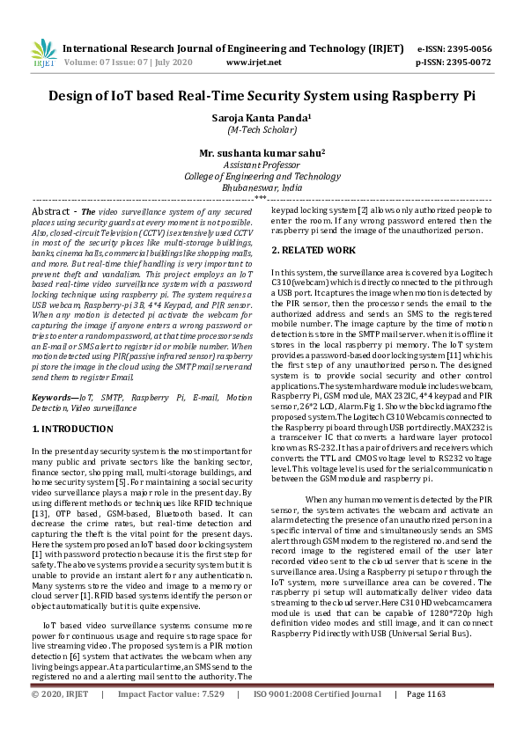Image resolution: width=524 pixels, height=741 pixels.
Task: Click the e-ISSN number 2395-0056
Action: point(467,49)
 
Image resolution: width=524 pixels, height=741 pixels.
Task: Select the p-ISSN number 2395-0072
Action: point(467,62)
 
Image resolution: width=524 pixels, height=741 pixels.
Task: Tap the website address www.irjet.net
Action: point(254,62)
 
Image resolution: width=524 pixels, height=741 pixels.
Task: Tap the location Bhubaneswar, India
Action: point(261,187)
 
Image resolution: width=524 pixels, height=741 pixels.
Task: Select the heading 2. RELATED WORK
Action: point(314,251)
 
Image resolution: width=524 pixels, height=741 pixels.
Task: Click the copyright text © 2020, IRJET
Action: point(60,719)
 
